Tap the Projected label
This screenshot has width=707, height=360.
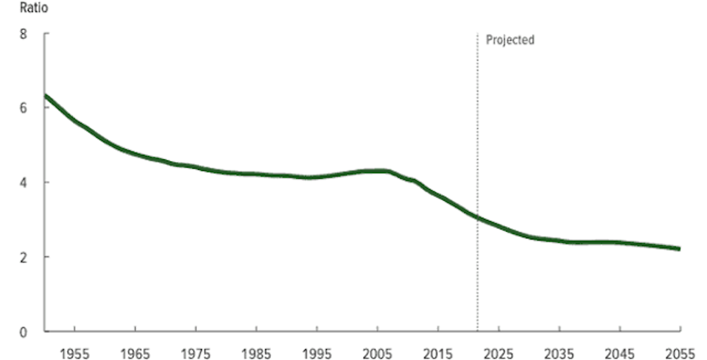tap(510, 40)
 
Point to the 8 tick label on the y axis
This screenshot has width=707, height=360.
tap(24, 34)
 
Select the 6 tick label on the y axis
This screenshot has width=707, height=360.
tap(24, 107)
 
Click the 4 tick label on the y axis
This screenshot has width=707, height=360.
tap(24, 182)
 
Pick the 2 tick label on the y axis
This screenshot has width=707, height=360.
tap(24, 257)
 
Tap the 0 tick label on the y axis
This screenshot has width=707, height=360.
tap(24, 331)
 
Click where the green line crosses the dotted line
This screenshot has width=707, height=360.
tap(477, 217)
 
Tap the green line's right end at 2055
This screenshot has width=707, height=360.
tap(679, 249)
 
